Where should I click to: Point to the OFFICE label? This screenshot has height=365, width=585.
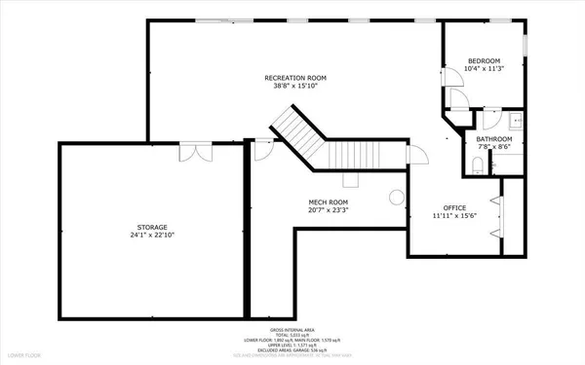pos(453,207)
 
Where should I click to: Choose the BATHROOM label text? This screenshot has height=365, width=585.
pos(494,139)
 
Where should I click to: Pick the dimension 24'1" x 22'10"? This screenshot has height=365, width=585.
pos(145,236)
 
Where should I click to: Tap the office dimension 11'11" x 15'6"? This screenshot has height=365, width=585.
pos(453,217)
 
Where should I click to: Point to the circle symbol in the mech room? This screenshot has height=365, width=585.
pos(396,198)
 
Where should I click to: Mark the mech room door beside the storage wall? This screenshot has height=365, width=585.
pos(260,148)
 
